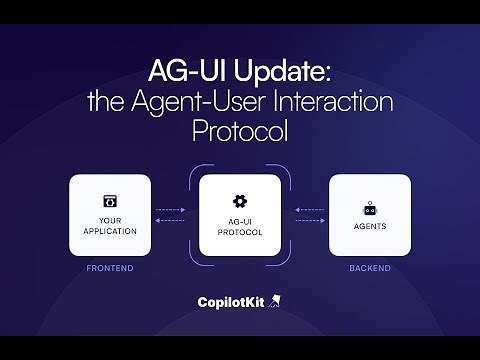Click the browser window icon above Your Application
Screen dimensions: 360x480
(110, 201)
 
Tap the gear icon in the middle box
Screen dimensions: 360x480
(239, 201)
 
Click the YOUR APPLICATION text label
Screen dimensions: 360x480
(110, 225)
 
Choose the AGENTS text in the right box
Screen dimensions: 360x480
(369, 226)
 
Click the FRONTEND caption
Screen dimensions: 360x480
(110, 269)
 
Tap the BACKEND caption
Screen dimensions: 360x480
(369, 269)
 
